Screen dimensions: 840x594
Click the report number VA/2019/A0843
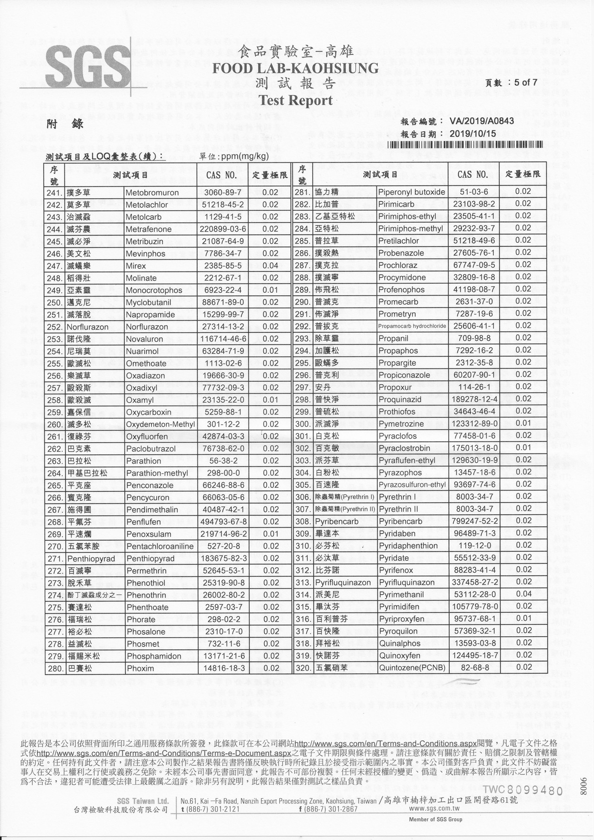[481, 122]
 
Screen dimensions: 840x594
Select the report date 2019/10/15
[473, 133]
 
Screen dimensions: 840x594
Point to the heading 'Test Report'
[296, 100]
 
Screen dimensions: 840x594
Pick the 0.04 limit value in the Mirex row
[271, 266]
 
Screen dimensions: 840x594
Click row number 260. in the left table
[55, 425]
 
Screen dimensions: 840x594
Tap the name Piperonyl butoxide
[412, 192]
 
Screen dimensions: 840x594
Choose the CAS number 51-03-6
[474, 192]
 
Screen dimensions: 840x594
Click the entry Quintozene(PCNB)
[412, 668]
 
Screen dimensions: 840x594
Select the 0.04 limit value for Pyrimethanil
[523, 594]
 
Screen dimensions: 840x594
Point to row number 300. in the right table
[303, 424]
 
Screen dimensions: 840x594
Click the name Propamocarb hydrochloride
[412, 326]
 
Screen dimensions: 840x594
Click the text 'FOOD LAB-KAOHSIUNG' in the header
[296, 69]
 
